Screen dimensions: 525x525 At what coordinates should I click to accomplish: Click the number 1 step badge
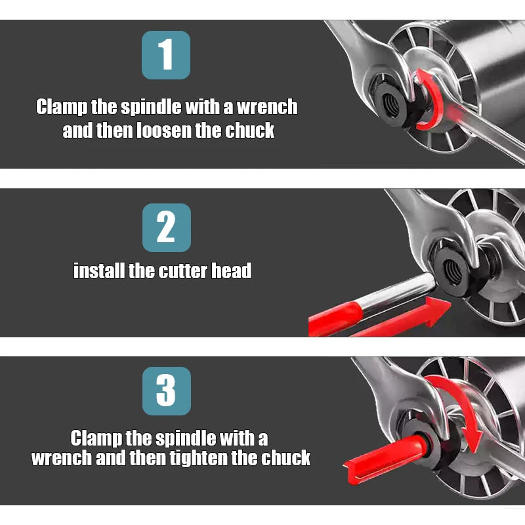[166, 55]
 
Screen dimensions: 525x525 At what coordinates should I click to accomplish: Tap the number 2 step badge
[167, 228]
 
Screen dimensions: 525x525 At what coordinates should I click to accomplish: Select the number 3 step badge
[167, 390]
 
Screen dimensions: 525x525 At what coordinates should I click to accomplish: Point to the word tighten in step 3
[199, 457]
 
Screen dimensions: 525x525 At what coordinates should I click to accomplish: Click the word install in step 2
[99, 270]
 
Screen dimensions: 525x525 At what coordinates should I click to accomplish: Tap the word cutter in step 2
[183, 270]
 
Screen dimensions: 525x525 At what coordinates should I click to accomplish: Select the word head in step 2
[232, 270]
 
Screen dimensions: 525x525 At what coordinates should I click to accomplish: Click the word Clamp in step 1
[62, 107]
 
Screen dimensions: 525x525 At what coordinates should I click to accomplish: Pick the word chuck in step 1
[250, 130]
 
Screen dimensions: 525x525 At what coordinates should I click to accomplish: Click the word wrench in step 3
[62, 458]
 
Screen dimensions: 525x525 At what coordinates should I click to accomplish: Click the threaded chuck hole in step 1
[391, 104]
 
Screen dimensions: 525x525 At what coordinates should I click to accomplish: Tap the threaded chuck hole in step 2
[452, 272]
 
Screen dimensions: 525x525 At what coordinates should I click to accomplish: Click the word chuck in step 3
[285, 457]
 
